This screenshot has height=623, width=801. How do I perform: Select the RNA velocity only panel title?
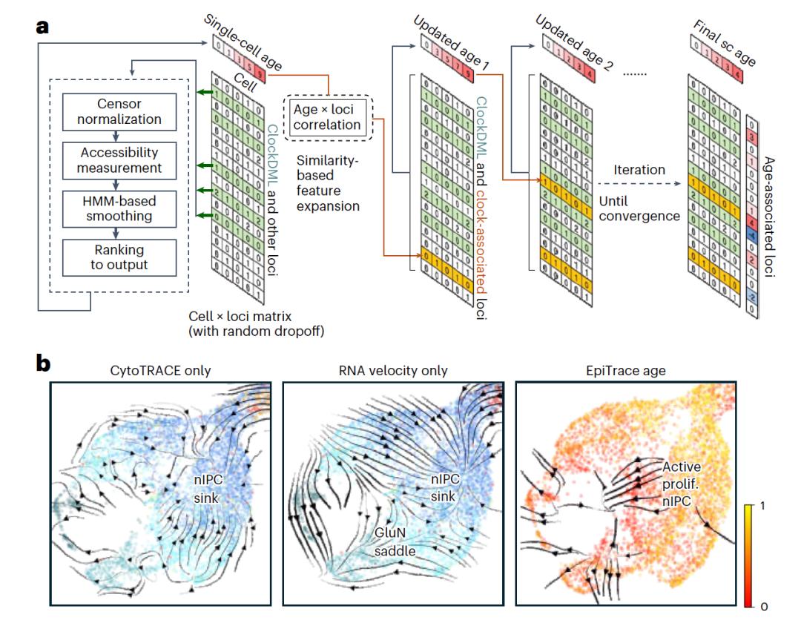(393, 370)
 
